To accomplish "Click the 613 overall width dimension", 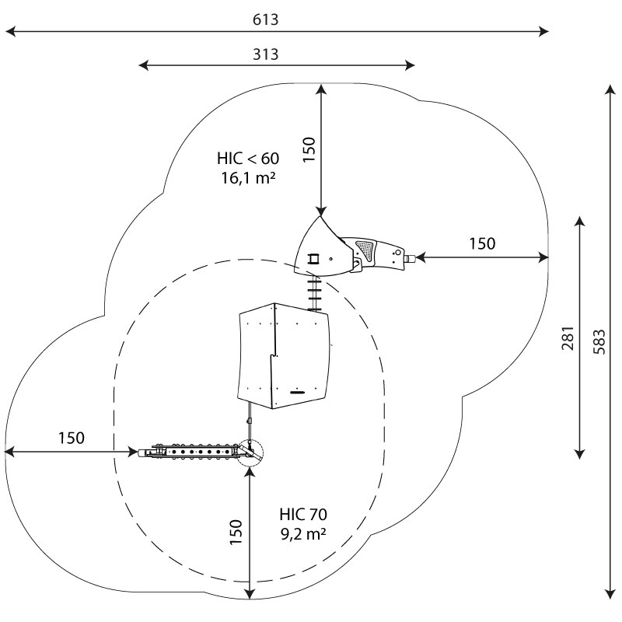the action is (x=265, y=19).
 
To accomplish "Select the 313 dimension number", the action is (x=265, y=54).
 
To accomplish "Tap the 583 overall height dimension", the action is (x=599, y=341).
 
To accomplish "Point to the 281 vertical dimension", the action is (x=568, y=338).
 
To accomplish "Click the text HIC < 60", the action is (x=248, y=159).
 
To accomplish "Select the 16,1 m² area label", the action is (x=248, y=178).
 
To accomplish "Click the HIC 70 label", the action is (x=303, y=514).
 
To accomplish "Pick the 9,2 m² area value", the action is (x=303, y=534).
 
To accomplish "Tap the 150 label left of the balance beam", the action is (x=72, y=438).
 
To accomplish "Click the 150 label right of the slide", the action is (x=482, y=243).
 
